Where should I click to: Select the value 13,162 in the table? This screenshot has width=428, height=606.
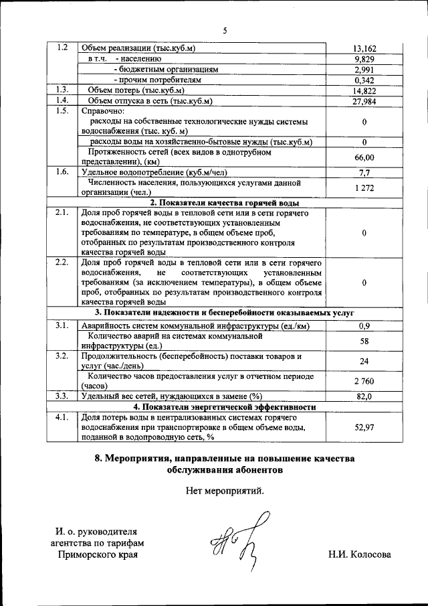(x=364, y=49)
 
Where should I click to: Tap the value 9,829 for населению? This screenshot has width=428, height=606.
(x=364, y=59)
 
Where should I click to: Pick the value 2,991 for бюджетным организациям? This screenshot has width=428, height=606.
(x=364, y=70)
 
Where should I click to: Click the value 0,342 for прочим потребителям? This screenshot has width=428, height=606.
(x=364, y=80)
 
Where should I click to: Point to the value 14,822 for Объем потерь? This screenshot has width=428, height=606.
(x=364, y=90)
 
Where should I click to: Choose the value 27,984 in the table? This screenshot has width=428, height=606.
(x=364, y=101)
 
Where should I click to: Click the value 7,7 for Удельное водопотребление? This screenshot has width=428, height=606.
(x=364, y=172)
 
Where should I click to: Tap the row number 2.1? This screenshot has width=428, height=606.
(x=62, y=213)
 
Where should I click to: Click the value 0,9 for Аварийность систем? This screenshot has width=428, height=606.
(x=364, y=326)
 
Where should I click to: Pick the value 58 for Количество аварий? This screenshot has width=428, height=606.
(x=364, y=342)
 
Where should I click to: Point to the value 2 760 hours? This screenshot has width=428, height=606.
(x=364, y=381)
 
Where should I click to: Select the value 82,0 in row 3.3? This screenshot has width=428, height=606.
(x=364, y=396)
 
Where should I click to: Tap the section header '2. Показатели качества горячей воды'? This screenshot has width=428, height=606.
(x=224, y=203)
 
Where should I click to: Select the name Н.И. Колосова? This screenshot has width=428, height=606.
(x=359, y=554)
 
